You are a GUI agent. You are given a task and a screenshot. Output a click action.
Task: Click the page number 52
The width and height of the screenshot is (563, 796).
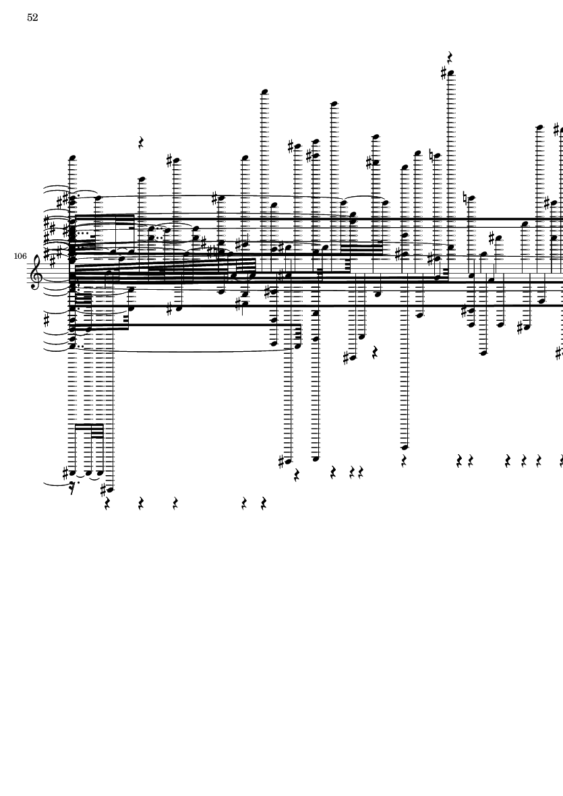(32, 18)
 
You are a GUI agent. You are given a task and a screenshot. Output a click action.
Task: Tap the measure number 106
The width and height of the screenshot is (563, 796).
(19, 257)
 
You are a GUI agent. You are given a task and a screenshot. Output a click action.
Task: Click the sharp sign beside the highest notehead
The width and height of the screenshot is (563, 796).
(444, 73)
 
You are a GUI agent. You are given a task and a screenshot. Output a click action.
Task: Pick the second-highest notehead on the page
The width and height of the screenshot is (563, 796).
(265, 92)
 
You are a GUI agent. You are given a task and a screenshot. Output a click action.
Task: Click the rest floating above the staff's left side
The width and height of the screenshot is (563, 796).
(141, 143)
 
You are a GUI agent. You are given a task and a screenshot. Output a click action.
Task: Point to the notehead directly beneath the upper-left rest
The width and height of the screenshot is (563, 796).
(142, 180)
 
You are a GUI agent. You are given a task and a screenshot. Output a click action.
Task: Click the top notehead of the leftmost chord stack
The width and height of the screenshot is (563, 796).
(72, 159)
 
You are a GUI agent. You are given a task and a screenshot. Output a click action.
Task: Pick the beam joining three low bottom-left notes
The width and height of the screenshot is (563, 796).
(88, 426)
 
